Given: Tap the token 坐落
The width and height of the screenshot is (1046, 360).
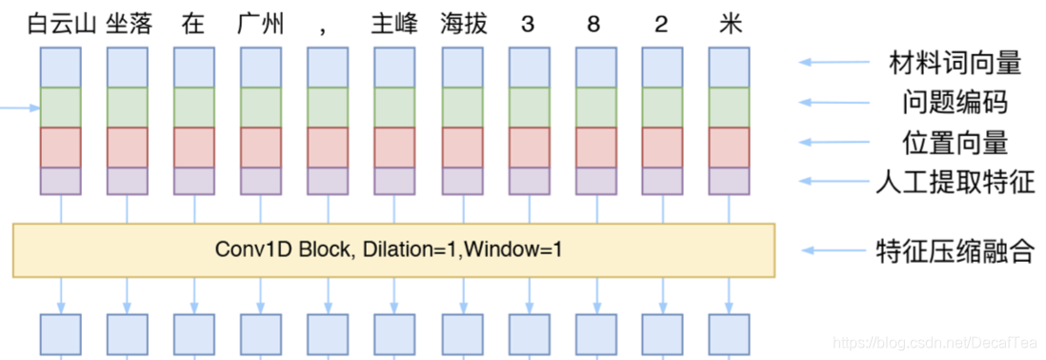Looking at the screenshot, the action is pos(128,24).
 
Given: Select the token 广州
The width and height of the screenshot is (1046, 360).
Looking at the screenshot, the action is pos(260,24).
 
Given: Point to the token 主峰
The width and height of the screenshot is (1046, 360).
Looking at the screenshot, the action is pos(393,24).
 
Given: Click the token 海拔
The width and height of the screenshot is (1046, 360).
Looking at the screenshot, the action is pos(463,24).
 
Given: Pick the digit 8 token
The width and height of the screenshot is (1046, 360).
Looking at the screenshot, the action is pos(593,25).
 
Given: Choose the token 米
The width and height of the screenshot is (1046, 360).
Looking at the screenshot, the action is pos(729,24).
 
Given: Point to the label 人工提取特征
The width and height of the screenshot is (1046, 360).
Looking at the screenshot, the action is pos(954,182).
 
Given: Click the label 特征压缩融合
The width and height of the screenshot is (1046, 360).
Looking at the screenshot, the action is pos(954,251).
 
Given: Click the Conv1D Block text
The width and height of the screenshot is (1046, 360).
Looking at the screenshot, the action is pos(393,250).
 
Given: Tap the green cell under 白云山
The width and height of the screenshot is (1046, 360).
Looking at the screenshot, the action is pos(61,107).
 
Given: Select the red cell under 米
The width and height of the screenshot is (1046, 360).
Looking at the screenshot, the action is pos(729,147).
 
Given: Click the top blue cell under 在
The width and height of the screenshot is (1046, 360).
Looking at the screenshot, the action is pos(193,67).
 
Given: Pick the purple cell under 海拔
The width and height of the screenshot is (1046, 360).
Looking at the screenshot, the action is pos(463,181).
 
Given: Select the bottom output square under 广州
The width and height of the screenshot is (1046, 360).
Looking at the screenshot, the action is pos(260,332).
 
